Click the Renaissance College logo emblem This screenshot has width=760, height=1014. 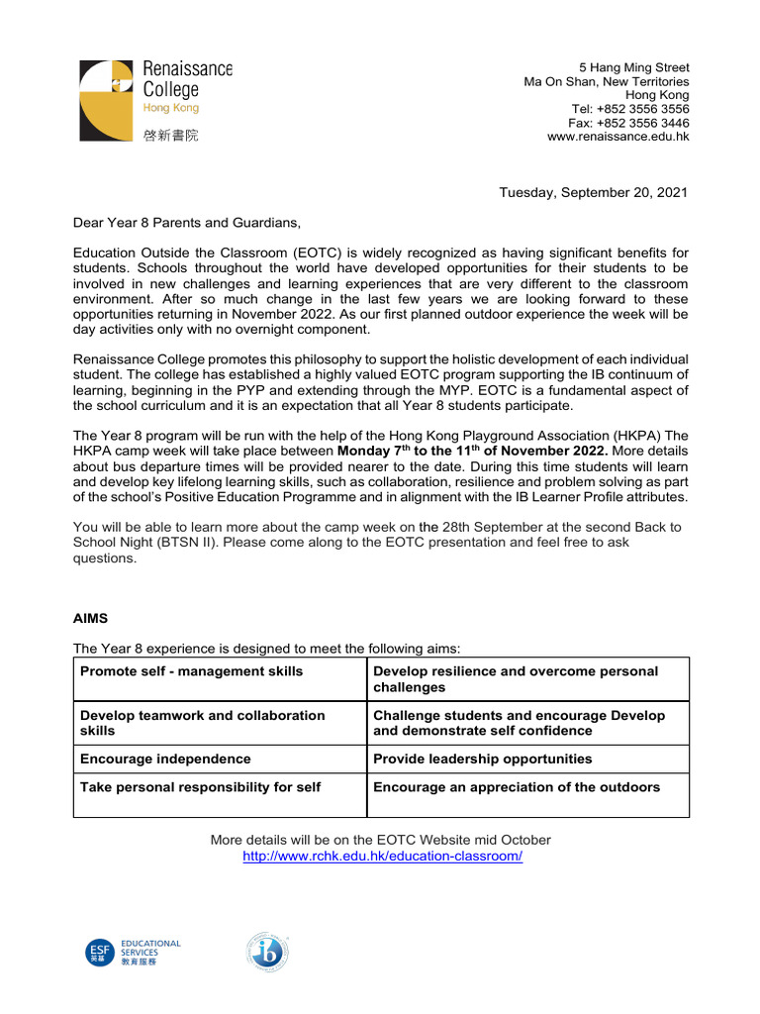(x=106, y=99)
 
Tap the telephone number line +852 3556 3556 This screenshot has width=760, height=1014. (x=630, y=109)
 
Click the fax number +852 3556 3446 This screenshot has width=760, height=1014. (x=628, y=123)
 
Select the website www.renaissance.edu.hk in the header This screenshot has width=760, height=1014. (x=618, y=137)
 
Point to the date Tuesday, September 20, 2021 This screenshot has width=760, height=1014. (x=593, y=192)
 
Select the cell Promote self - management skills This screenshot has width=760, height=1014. (x=191, y=671)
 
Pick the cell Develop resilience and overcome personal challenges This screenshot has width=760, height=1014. (x=515, y=678)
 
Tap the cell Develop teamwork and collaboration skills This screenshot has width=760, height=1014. (x=202, y=723)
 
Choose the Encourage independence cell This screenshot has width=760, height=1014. (x=165, y=759)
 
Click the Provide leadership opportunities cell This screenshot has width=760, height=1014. (x=482, y=759)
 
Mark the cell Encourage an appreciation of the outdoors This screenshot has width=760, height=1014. (x=516, y=787)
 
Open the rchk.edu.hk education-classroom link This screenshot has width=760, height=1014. (x=382, y=856)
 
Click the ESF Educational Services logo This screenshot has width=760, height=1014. (x=133, y=953)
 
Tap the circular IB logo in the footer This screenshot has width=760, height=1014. (x=267, y=954)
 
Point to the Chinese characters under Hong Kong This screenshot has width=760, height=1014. (x=170, y=136)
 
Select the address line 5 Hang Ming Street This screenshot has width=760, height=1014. (x=634, y=67)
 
